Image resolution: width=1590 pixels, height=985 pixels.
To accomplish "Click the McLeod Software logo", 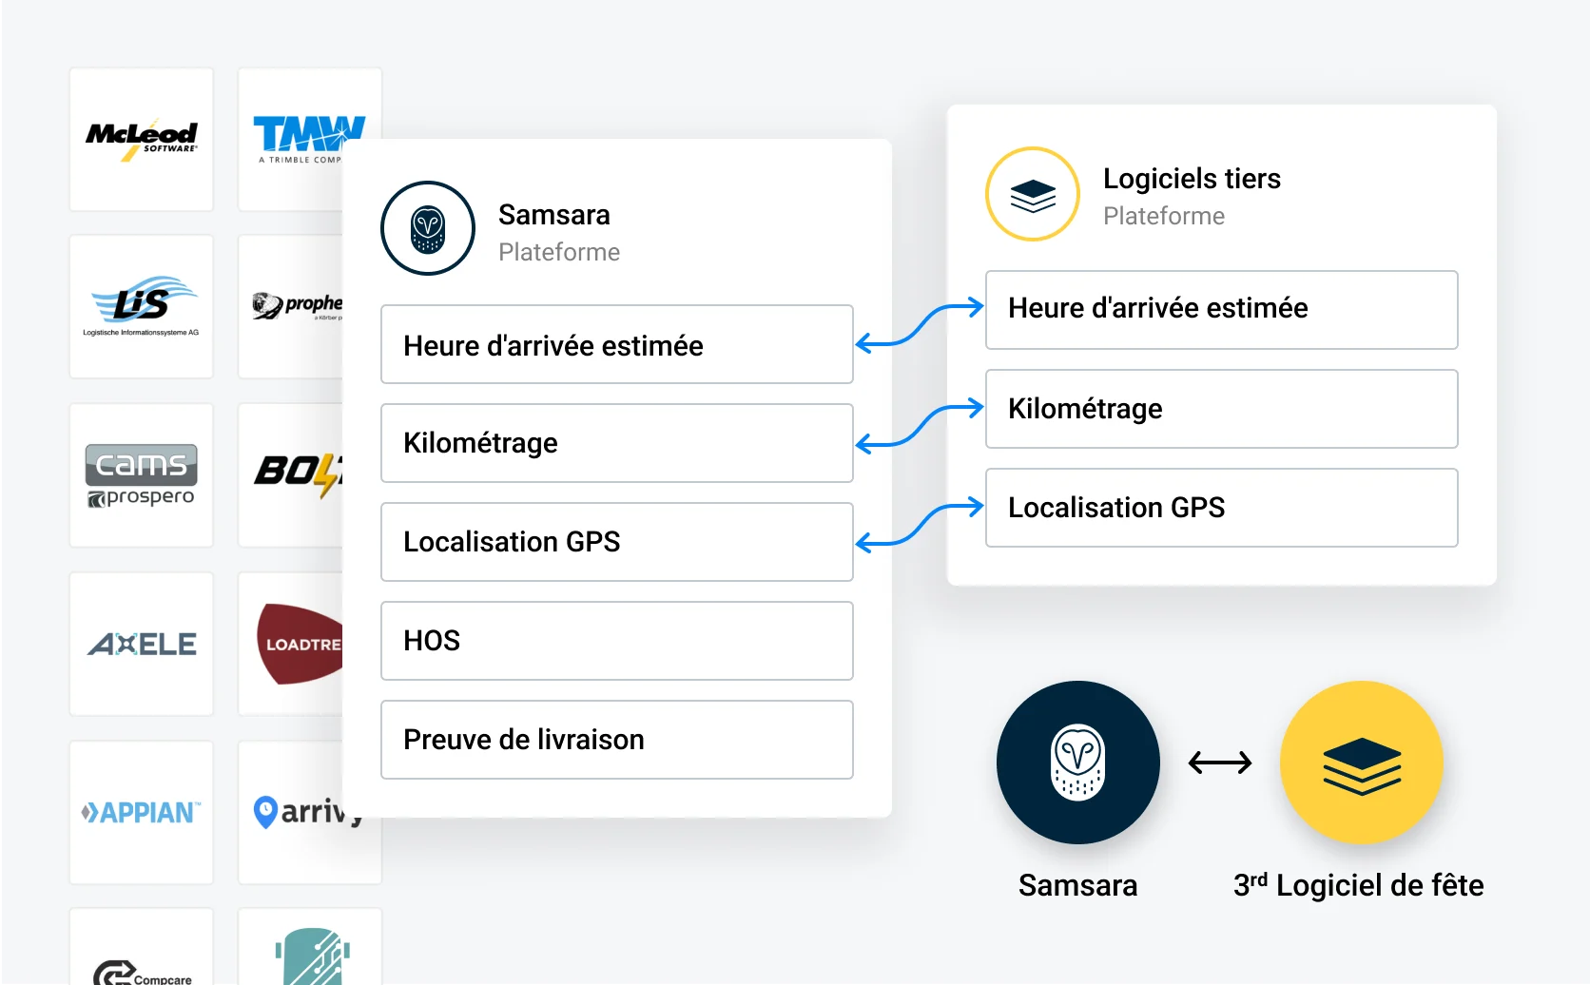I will (142, 139).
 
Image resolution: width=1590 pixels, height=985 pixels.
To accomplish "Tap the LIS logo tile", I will (142, 306).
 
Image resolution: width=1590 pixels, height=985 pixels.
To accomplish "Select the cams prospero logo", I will (142, 474).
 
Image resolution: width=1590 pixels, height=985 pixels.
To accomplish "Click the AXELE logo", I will (142, 644).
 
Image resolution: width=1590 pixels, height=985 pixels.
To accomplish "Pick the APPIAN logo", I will (142, 812).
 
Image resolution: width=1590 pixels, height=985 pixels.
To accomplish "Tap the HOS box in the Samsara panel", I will (616, 641).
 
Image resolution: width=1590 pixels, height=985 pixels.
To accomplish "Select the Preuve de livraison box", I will (616, 740).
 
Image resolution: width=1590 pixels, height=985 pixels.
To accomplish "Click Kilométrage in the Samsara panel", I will (616, 443).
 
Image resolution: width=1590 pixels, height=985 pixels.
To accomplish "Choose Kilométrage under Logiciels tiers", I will (1221, 409).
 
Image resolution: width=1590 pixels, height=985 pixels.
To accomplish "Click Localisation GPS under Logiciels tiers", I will (1221, 508).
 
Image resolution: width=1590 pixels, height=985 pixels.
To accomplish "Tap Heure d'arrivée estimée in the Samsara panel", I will (616, 344).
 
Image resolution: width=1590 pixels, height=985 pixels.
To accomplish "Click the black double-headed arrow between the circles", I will (1220, 762).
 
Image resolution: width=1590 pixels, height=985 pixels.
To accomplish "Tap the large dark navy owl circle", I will (1077, 762).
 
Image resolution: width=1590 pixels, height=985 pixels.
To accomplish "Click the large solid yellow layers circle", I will (1361, 762).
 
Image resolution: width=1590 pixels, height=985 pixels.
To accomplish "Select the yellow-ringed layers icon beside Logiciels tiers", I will (1033, 194).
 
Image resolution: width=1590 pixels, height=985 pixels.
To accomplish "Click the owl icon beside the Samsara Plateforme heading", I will (428, 228).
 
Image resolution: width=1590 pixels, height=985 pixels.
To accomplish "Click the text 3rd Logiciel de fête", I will (1358, 885).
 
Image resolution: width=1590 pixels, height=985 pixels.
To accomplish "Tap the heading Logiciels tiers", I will (1192, 179).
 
